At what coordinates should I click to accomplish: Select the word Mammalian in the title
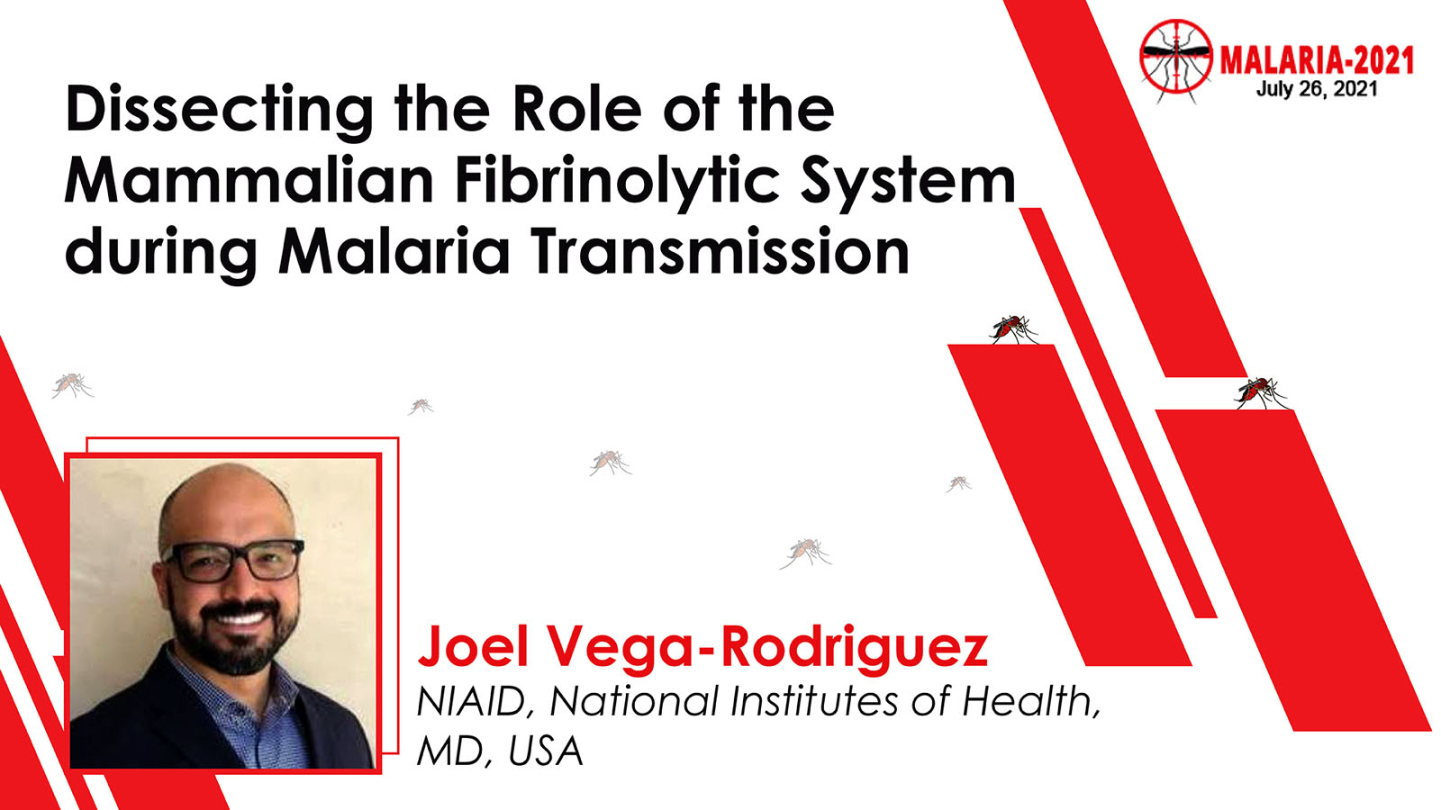pos(249,180)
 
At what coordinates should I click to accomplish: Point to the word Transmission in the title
pos(720,251)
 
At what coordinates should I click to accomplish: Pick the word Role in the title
pos(576,110)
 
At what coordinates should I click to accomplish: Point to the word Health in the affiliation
pos(1030,702)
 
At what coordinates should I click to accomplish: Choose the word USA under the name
pos(546,751)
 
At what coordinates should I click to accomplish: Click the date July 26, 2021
pos(1317,89)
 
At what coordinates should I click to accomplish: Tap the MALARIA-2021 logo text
pos(1317,61)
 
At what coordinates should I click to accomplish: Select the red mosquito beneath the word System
pos(1014,329)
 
